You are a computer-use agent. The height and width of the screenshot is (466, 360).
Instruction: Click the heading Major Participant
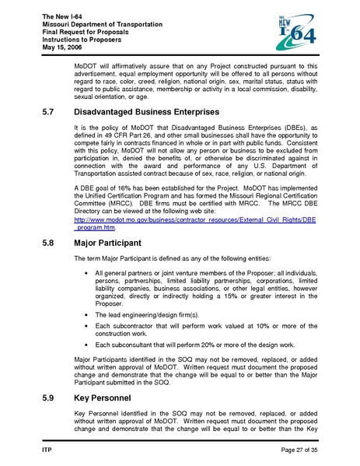point(114,243)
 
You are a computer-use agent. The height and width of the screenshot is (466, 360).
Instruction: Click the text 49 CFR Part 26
point(131,136)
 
